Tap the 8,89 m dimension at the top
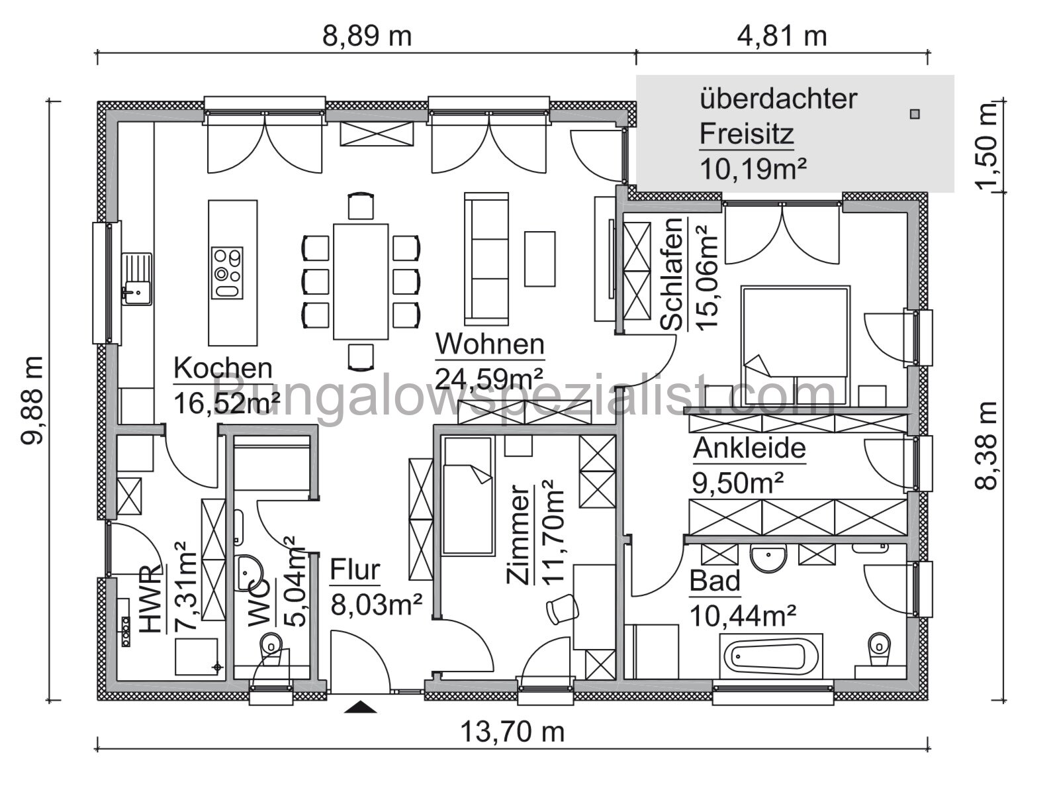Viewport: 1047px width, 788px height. [367, 36]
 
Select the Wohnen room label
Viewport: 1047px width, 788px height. [490, 344]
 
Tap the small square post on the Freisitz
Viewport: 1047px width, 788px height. [915, 114]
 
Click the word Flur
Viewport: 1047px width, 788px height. [355, 570]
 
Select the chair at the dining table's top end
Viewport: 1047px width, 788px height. [361, 205]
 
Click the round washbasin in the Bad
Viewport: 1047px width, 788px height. [768, 558]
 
